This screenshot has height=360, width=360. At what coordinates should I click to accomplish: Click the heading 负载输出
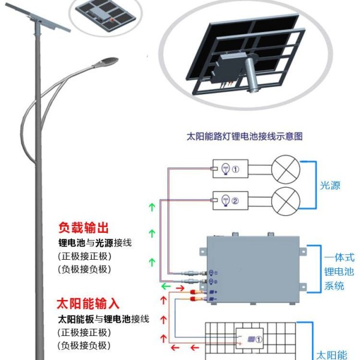coord(83,227)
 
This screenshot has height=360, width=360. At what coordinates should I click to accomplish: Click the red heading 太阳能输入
coord(88,304)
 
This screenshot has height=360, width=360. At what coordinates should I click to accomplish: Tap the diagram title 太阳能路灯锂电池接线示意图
coord(245,136)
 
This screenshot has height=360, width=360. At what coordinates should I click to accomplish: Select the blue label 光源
coord(330,185)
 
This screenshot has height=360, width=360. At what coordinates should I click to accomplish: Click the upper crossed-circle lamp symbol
coord(286,169)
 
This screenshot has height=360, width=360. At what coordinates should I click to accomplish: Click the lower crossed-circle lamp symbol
coord(286,201)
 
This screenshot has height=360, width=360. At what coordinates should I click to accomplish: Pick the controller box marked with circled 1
coord(230,169)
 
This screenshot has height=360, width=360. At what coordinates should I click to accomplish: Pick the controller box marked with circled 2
coord(230,200)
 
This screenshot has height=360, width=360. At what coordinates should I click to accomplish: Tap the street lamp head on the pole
coord(106,62)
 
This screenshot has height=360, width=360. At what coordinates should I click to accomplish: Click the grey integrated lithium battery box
coord(253,269)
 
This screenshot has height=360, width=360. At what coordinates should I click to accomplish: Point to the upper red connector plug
coord(193,292)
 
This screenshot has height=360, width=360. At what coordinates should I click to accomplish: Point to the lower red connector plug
coord(193,299)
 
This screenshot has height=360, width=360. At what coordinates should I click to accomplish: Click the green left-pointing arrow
coord(166,286)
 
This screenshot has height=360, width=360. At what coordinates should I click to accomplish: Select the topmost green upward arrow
coord(152,207)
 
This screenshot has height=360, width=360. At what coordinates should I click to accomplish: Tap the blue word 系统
coord(334,286)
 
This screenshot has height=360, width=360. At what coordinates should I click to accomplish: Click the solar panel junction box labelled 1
coord(250,339)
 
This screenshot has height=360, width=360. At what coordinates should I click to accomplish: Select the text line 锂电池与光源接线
coord(95,243)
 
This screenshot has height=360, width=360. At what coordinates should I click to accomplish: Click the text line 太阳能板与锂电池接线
coord(104,319)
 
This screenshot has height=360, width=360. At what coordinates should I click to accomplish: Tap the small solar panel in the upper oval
coord(106,13)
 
